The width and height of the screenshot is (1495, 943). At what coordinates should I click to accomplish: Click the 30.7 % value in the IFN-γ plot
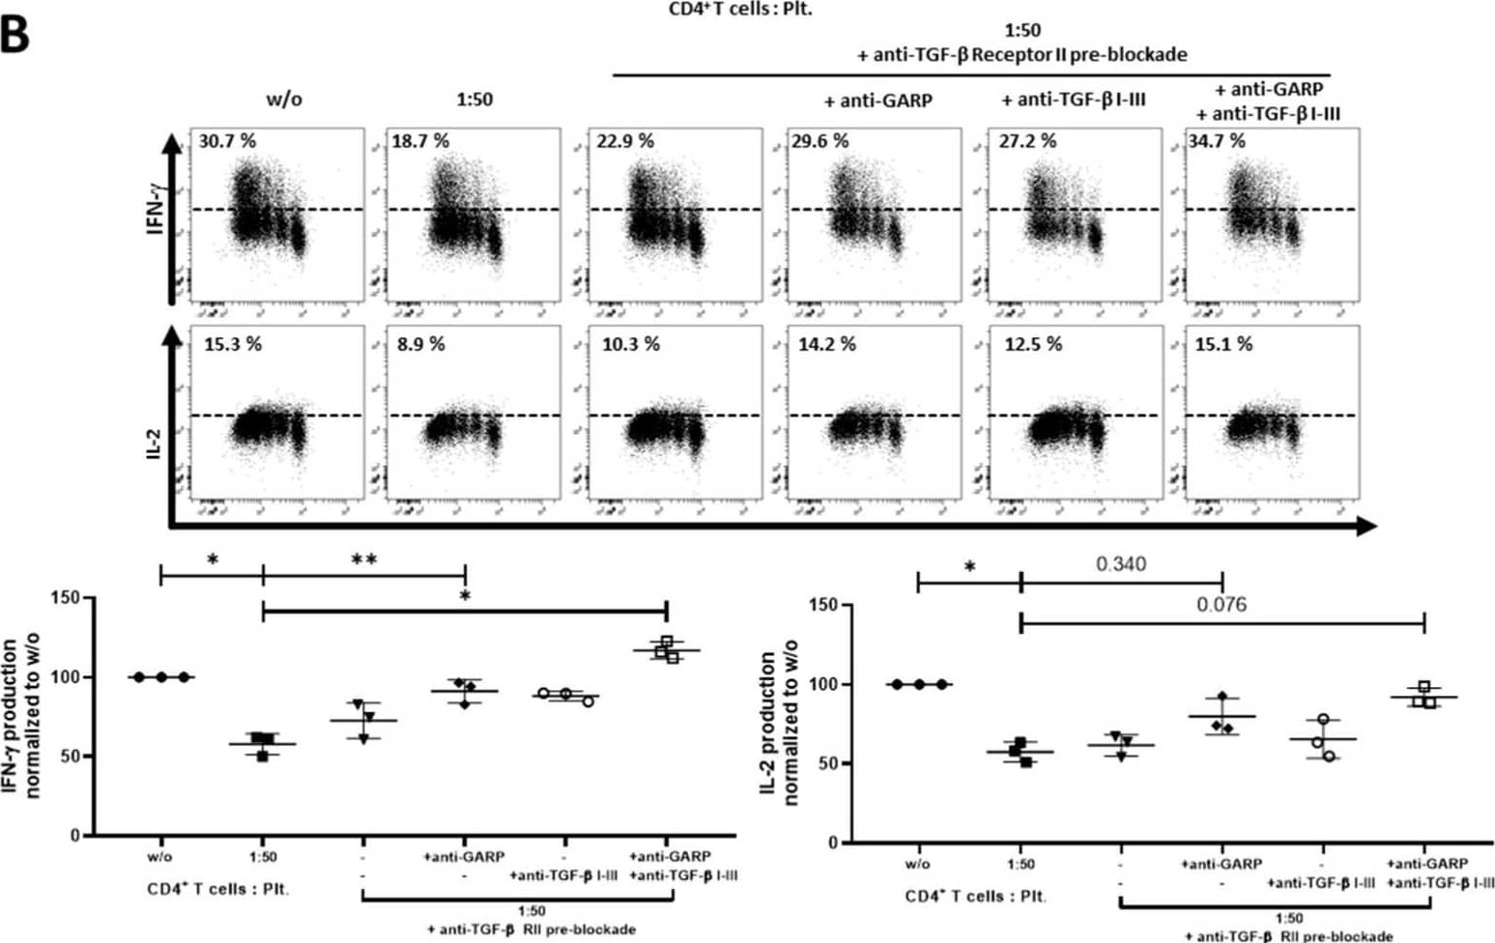coord(227,141)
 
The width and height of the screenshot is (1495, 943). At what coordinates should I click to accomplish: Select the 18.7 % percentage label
coord(420,141)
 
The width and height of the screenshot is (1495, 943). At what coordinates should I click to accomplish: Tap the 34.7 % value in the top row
coord(1217,141)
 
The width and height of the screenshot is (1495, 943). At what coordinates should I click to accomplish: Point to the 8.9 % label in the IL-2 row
coord(420,344)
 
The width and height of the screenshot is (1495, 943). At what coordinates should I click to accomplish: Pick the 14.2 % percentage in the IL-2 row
coord(826,344)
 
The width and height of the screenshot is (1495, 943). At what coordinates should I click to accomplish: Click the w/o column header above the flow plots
coord(284,100)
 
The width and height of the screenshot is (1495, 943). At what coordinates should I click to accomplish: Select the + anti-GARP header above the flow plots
coord(877,100)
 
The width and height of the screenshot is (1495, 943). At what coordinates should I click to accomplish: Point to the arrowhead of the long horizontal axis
coord(1366,526)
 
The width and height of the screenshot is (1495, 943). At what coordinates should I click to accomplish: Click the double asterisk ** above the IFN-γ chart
coord(363,560)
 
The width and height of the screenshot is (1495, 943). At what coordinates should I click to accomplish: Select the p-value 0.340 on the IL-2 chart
coord(1121,564)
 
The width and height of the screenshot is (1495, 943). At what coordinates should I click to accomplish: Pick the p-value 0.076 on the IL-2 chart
coord(1222,605)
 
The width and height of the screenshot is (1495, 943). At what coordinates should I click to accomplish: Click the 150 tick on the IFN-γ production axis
coord(65,598)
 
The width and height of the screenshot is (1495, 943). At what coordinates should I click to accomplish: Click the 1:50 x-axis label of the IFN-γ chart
coord(262,856)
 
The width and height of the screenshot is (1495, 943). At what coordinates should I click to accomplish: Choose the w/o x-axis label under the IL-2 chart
coord(917,864)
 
